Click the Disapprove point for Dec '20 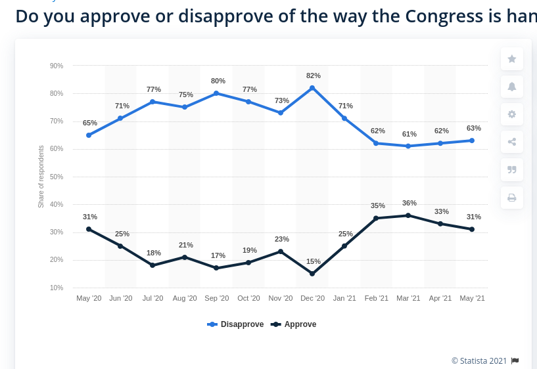coord(312,88)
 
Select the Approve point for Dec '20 coord(312,274)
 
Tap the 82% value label coord(313,76)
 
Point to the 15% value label coord(313,261)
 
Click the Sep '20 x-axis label coord(216,298)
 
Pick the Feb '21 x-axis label coord(377,298)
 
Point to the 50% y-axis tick coord(57,177)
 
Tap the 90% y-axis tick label coord(57,66)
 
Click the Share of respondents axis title coord(41,177)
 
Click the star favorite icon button coord(512,59)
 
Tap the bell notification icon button coord(512,87)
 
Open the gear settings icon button coord(512,114)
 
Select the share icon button coord(512,142)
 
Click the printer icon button coord(512,198)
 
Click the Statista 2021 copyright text coord(479,360)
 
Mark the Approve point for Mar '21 coord(408,215)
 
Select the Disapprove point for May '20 coord(89,135)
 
